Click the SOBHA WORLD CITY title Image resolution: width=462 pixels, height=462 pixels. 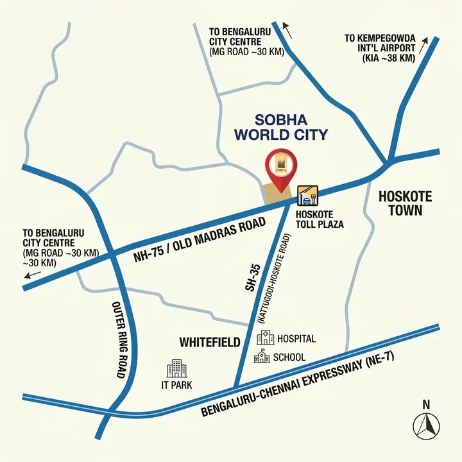tap(281, 127)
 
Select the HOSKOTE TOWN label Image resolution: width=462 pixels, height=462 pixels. tap(405, 203)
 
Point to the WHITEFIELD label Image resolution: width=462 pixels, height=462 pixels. tap(210, 341)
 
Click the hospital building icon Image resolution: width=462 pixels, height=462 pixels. tap(265, 338)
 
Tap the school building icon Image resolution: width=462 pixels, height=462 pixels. tap(262, 357)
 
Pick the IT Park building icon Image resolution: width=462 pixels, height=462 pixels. tap(176, 368)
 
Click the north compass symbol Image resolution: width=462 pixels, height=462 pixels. tap(425, 424)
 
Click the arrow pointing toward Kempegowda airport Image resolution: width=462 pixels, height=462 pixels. tap(424, 45)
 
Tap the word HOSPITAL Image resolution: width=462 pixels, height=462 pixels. tap(296, 338)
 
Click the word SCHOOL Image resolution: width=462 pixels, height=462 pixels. tap(289, 357)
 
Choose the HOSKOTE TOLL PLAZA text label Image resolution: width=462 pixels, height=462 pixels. tap(319, 219)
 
